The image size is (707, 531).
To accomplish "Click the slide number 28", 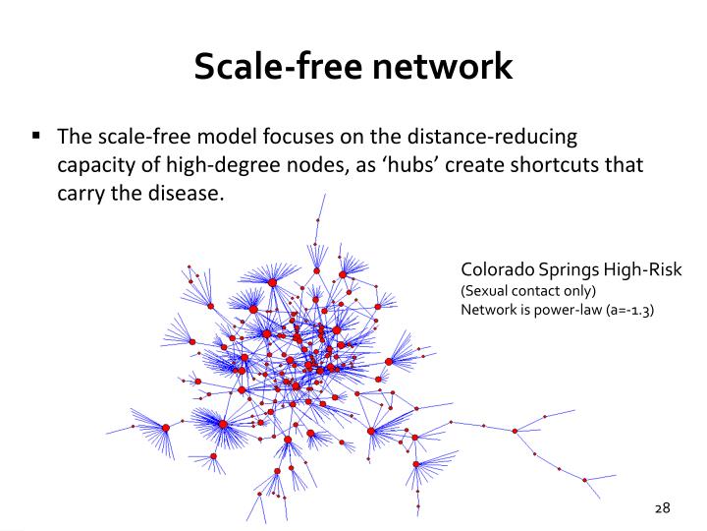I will [661, 507].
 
